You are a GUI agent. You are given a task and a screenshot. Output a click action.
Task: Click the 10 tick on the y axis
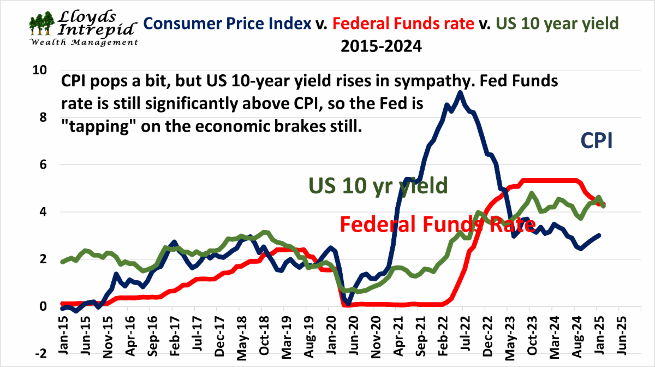pyautogui.click(x=41, y=70)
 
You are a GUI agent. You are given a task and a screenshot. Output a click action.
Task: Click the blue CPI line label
pyautogui.click(x=596, y=141)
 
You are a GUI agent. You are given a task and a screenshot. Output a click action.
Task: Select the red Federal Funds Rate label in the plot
pyautogui.click(x=436, y=224)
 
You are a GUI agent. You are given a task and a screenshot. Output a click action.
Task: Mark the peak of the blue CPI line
pyautogui.click(x=460, y=92)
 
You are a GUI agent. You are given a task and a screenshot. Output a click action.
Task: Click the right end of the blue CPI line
pyautogui.click(x=600, y=235)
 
